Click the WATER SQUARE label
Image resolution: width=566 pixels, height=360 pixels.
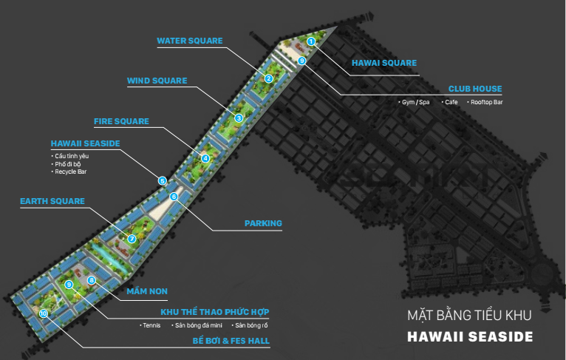pyautogui.click(x=189, y=41)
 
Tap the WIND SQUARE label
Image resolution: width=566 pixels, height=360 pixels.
pyautogui.click(x=157, y=81)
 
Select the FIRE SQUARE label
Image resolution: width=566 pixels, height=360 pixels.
pyautogui.click(x=121, y=121)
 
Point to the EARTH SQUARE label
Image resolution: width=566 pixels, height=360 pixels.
pyautogui.click(x=52, y=201)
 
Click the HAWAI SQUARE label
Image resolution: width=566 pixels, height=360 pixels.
pyautogui.click(x=383, y=64)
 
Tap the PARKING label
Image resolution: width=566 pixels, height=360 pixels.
pyautogui.click(x=263, y=223)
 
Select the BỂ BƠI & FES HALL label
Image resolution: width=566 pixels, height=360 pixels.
pyautogui.click(x=231, y=342)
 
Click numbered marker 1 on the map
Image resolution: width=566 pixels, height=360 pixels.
pyautogui.click(x=311, y=41)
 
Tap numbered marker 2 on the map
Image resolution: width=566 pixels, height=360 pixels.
pyautogui.click(x=269, y=78)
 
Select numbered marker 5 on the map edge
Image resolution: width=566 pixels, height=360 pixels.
pyautogui.click(x=163, y=180)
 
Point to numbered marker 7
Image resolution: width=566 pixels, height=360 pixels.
pyautogui.click(x=132, y=239)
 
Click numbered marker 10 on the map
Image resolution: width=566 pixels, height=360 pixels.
pyautogui.click(x=44, y=313)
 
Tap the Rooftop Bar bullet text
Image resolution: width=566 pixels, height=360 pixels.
pyautogui.click(x=487, y=102)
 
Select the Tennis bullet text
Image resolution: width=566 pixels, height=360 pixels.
pyautogui.click(x=151, y=325)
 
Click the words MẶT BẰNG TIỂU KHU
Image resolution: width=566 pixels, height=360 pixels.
pyautogui.click(x=469, y=316)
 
